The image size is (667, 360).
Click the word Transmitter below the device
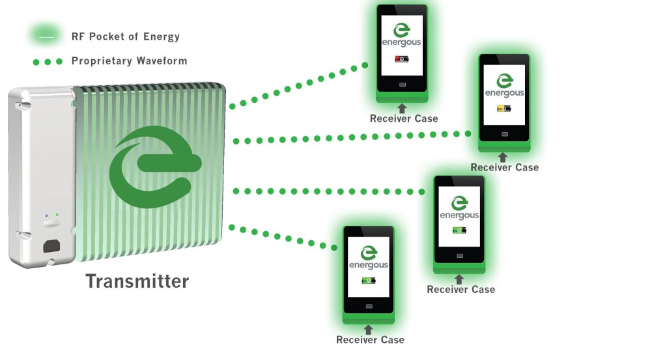[137, 281]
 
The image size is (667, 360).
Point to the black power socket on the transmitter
[51, 246]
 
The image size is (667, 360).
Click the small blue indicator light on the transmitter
[47, 216]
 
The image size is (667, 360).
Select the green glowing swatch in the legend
[46, 36]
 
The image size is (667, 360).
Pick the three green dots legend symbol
[48, 62]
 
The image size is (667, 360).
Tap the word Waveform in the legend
[162, 61]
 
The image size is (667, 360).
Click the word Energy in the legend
[162, 37]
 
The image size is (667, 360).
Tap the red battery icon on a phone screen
[401, 59]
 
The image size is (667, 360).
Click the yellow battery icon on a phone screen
[504, 109]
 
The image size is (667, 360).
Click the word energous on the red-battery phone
[401, 42]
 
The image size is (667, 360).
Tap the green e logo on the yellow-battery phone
[505, 81]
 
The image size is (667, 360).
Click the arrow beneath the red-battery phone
[401, 108]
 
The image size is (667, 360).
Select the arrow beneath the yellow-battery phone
[503, 158]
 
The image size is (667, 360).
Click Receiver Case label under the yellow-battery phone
[505, 167]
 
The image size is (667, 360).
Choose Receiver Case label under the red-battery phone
[404, 118]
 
